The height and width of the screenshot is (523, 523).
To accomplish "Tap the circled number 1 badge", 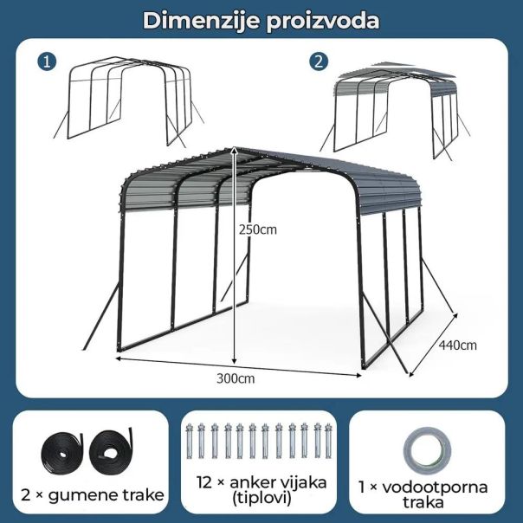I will (x=47, y=61).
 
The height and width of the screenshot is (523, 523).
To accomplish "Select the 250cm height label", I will (x=258, y=229).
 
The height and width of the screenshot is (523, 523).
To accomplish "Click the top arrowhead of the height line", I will (x=236, y=149).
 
